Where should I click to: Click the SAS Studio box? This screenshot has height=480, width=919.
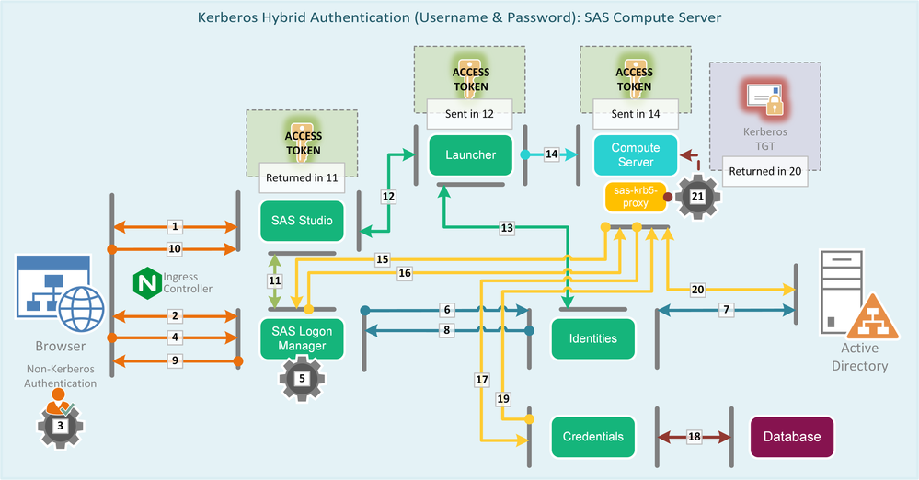[x=302, y=221]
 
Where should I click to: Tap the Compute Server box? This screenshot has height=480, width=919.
[x=635, y=154]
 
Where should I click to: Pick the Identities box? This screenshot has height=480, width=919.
[x=592, y=338]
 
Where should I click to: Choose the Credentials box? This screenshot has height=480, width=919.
[x=592, y=437]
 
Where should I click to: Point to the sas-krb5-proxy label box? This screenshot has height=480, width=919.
[x=631, y=196]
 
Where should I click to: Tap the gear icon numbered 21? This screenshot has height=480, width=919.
[x=697, y=196]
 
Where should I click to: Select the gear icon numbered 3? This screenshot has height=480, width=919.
[x=60, y=425]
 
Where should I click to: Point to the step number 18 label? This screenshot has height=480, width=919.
[x=694, y=437]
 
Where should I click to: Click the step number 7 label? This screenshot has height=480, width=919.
[x=727, y=310]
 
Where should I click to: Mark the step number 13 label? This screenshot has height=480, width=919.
[x=507, y=226]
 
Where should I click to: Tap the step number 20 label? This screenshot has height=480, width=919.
[x=698, y=290]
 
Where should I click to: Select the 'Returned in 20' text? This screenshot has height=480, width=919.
[x=764, y=171]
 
